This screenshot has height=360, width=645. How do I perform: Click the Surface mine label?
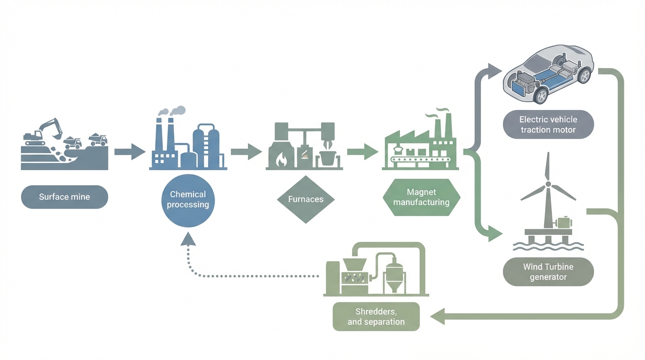(65, 197)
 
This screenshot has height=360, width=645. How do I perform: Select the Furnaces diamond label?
(306, 200)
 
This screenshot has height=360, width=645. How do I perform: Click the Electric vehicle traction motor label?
(548, 125)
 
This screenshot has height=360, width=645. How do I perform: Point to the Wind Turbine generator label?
(548, 272)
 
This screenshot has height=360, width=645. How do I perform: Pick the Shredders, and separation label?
(376, 317)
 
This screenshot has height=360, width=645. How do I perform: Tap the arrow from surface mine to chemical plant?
(130, 151)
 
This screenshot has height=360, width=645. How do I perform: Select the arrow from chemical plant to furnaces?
(246, 151)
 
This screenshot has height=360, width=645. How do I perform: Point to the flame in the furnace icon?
(281, 161)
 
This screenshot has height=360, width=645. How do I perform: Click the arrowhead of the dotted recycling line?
(188, 239)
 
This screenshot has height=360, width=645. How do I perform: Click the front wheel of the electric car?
(541, 95)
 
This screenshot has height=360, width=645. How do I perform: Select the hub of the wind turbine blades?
(547, 184)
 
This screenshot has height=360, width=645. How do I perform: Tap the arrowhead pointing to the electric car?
(494, 71)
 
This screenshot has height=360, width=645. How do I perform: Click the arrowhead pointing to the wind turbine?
(495, 233)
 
